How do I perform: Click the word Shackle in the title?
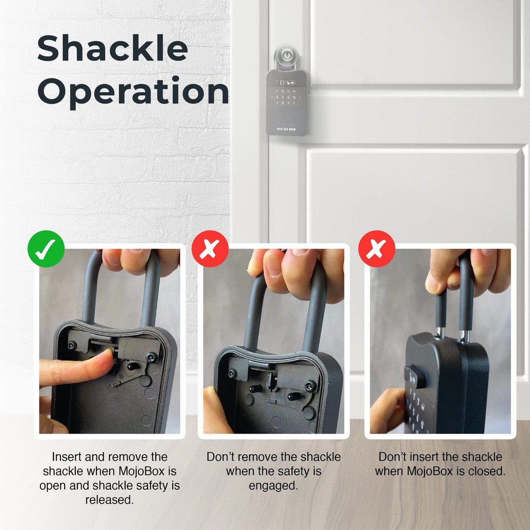click(x=112, y=49)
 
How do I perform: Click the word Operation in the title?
click(x=132, y=92)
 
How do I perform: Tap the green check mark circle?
click(x=46, y=249)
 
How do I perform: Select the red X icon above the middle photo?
click(x=210, y=249)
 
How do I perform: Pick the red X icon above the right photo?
click(x=376, y=249)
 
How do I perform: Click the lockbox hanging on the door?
click(x=286, y=103)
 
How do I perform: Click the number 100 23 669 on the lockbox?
click(x=286, y=129)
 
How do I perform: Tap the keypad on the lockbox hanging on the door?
click(x=286, y=99)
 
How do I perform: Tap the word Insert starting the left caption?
click(x=66, y=457)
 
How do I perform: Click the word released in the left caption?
click(x=109, y=500)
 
